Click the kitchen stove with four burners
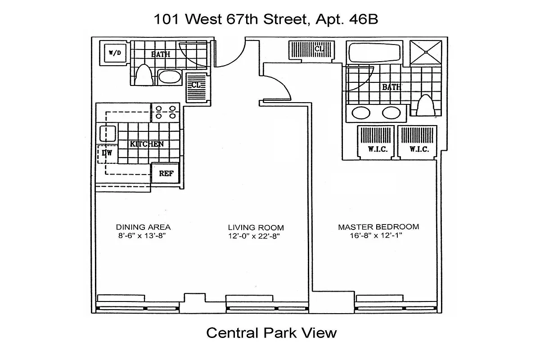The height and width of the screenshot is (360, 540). click(x=165, y=112)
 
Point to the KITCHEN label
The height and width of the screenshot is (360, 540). click(x=146, y=144)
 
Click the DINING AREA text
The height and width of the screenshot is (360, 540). click(x=143, y=227)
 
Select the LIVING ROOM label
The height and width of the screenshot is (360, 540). click(x=256, y=227)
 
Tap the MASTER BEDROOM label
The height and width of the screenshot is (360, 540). click(x=378, y=227)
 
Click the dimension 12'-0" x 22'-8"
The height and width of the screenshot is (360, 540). click(x=256, y=236)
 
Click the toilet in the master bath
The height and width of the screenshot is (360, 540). click(x=424, y=106)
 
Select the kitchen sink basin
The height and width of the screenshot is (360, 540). click(x=108, y=134)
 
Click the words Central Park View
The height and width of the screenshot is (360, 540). click(x=271, y=333)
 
